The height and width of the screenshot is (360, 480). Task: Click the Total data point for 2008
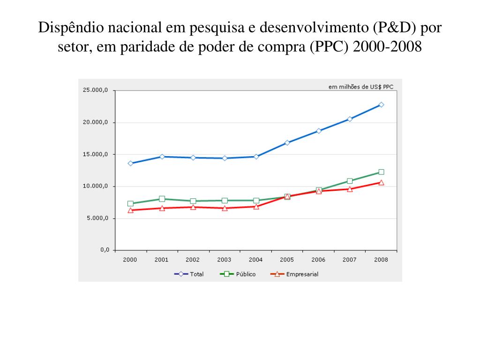click(x=381, y=105)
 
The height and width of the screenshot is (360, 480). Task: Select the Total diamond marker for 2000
click(x=130, y=163)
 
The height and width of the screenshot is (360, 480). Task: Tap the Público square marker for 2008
click(x=381, y=172)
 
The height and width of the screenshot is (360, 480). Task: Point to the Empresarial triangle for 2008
click(x=381, y=182)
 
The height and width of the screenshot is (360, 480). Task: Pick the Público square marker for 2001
click(x=162, y=199)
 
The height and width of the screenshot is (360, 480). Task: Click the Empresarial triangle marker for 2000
click(x=130, y=210)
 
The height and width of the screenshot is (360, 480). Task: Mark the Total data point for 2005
click(x=287, y=142)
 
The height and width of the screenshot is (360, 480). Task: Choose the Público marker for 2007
click(x=350, y=180)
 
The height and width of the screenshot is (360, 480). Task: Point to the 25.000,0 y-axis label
click(x=96, y=90)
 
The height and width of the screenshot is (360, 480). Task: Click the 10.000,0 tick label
click(x=96, y=186)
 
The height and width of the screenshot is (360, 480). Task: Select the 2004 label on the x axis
click(x=255, y=260)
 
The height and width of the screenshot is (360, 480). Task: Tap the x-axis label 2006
click(x=318, y=260)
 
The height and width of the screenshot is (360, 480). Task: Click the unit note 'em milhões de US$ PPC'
click(x=360, y=86)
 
